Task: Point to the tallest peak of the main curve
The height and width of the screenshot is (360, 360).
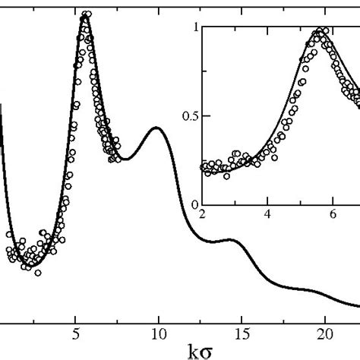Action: [84, 17]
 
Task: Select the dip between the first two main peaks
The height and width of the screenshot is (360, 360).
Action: [126, 159]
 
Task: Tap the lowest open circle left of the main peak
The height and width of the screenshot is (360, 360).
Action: [37, 272]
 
